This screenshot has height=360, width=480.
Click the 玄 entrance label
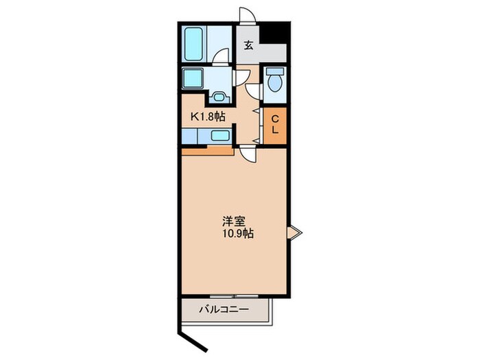coord(248,45)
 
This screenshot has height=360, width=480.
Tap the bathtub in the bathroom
coord(194,44)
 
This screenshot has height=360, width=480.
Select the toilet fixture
coord(275,80)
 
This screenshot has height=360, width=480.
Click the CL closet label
coord(275,124)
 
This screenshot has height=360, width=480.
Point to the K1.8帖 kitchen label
coord(208,117)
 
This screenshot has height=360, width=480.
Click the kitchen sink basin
coord(220,135)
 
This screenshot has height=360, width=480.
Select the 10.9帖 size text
coord(238,234)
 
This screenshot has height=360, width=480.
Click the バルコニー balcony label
coord(224,309)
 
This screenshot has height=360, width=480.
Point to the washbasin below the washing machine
coord(219,97)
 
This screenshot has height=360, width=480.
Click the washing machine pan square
coord(193,78)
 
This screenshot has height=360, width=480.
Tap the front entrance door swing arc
coord(248,15)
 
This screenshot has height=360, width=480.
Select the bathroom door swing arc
coord(220,56)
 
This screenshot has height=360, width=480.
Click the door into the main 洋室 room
coord(248,154)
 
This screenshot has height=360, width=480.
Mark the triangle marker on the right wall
coord(294,232)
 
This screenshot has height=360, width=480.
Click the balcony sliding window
coord(235,296)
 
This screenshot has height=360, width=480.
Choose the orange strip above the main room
coord(208,152)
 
